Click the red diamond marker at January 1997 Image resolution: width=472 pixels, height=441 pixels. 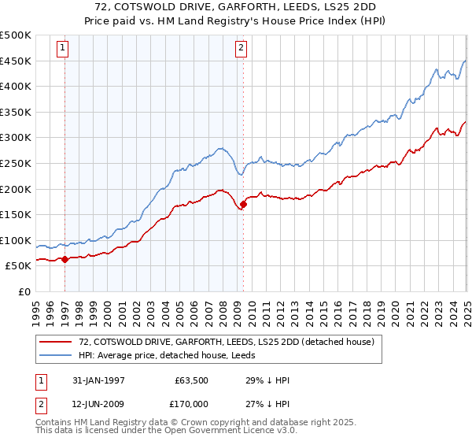[x=65, y=259]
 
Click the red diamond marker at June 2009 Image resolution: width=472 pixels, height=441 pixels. [x=243, y=205]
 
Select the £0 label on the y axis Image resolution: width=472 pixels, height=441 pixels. [x=24, y=291]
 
